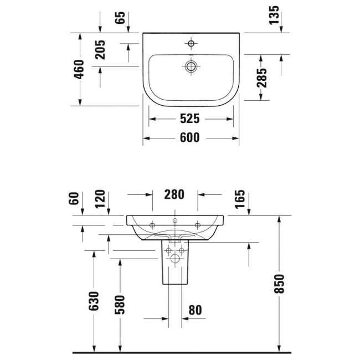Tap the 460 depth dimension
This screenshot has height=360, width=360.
79,69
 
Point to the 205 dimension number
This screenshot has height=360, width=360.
100,52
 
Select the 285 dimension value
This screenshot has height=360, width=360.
262,78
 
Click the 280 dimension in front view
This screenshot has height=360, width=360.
174,194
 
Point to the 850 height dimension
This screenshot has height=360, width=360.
280,283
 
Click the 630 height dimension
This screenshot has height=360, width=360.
94,301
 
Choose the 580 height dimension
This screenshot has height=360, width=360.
120,304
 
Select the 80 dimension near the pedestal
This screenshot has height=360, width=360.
195,310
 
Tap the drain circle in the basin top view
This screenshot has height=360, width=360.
191,66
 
